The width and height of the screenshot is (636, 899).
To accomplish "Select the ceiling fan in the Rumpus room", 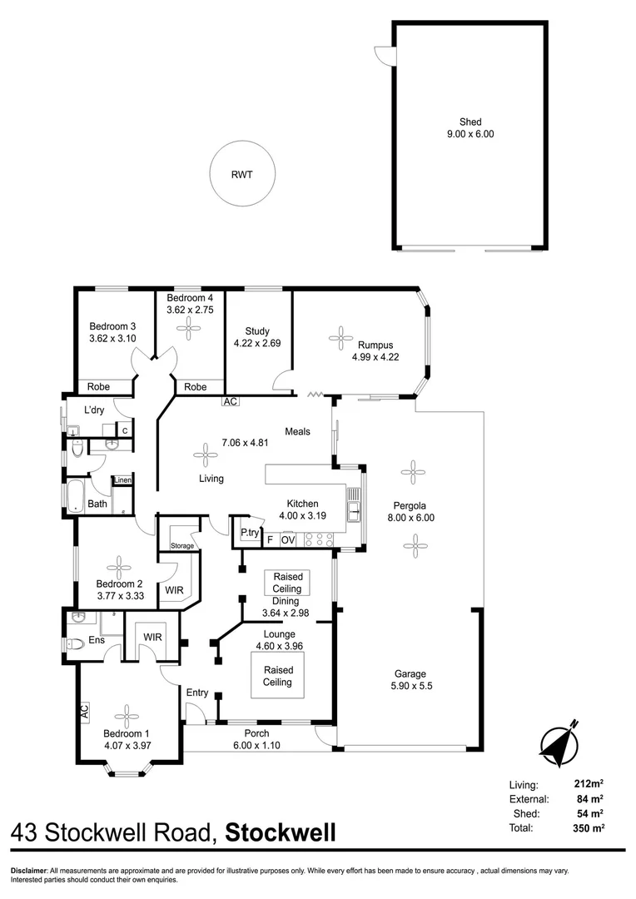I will [x=340, y=337].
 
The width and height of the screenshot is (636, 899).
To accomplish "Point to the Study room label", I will [x=257, y=331].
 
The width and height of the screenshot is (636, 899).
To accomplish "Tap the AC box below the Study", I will [x=231, y=402].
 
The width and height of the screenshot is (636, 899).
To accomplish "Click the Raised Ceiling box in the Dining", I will [x=287, y=583].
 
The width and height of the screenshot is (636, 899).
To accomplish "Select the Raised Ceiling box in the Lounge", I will [x=277, y=676].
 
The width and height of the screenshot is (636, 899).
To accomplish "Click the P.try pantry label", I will [x=248, y=533].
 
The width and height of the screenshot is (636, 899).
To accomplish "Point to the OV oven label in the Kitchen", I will [x=288, y=540].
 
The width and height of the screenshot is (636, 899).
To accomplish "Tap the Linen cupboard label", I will [x=122, y=480].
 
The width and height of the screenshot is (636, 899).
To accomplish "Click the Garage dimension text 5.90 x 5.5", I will [x=410, y=686].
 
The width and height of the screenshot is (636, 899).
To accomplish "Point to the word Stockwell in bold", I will [x=281, y=832].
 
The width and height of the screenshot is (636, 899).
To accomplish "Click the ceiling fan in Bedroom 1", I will [x=127, y=714].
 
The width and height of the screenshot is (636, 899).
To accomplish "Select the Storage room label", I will [x=182, y=546].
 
